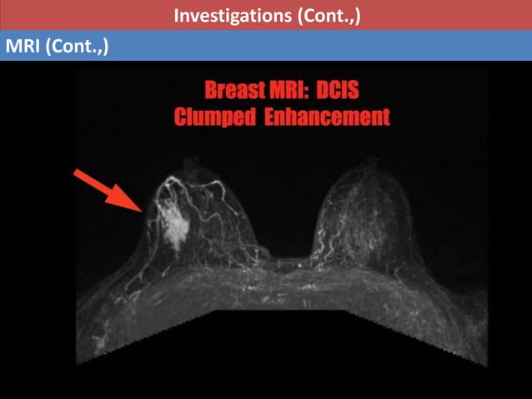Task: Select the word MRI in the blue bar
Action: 23,46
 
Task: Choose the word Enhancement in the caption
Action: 327,117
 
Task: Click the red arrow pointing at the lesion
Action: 108,191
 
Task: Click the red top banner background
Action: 83,15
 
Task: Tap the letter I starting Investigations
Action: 176,15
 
